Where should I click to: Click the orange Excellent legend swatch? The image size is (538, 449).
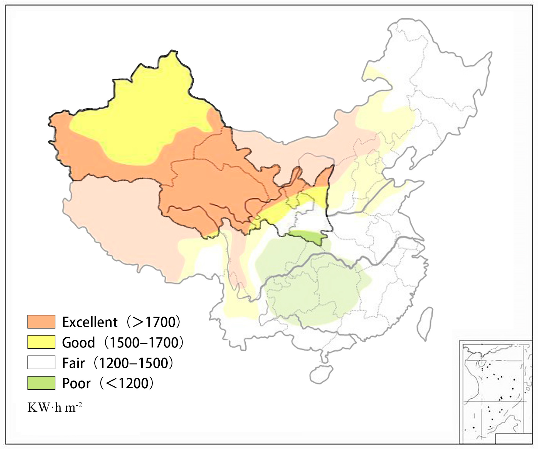[x=41, y=322]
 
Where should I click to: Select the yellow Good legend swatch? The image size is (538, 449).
[x=41, y=342]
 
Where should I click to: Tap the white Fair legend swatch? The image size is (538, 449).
[x=41, y=362]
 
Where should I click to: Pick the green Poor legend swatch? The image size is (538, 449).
[x=41, y=383]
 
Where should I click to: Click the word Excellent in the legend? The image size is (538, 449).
[x=90, y=322]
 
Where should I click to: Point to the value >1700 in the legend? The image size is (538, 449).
[x=154, y=322]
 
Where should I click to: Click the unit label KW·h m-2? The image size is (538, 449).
[x=55, y=407]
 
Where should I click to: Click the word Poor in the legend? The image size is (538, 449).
[x=76, y=383]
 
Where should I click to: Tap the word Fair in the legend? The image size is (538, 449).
[x=73, y=363]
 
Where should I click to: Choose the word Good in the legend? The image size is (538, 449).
[x=78, y=342]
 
